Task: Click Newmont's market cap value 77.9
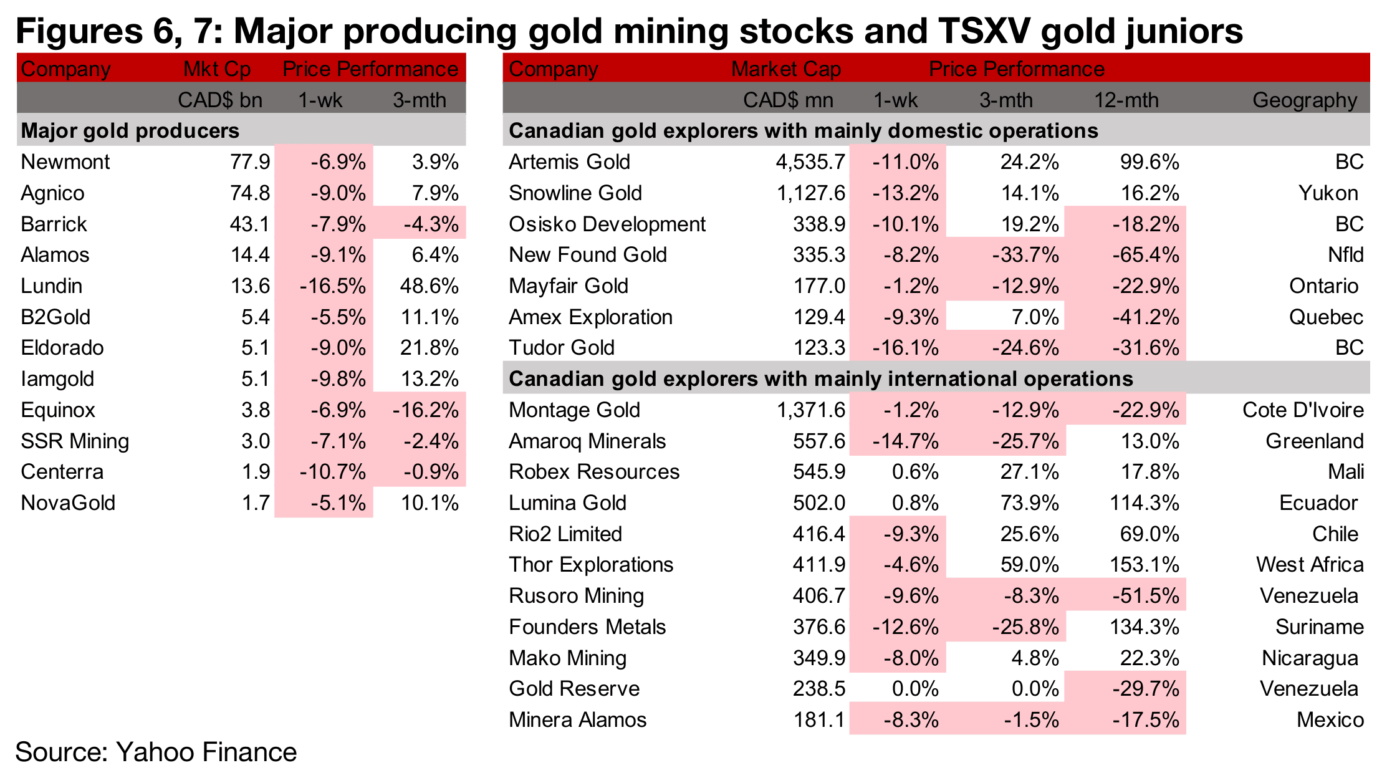click(249, 162)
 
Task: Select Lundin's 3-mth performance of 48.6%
click(429, 286)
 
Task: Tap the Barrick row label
click(54, 224)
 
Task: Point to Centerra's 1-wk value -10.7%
click(332, 472)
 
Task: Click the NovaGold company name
click(68, 503)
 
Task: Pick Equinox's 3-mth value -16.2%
click(426, 410)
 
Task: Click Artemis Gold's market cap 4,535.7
click(810, 162)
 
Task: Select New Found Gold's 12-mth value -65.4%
click(1146, 255)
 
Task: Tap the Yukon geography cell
click(1328, 193)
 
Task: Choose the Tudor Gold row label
click(562, 348)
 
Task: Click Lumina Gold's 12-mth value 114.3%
click(1144, 503)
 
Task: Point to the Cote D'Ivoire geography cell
click(1303, 410)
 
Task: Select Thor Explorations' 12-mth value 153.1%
click(1144, 565)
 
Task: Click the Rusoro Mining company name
click(576, 596)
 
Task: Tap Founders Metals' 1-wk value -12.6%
click(905, 627)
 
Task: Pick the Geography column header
click(1305, 100)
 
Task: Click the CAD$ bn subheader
click(219, 100)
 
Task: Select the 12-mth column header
click(1126, 100)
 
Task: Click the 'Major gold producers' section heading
click(130, 131)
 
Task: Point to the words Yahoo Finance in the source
click(206, 752)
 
